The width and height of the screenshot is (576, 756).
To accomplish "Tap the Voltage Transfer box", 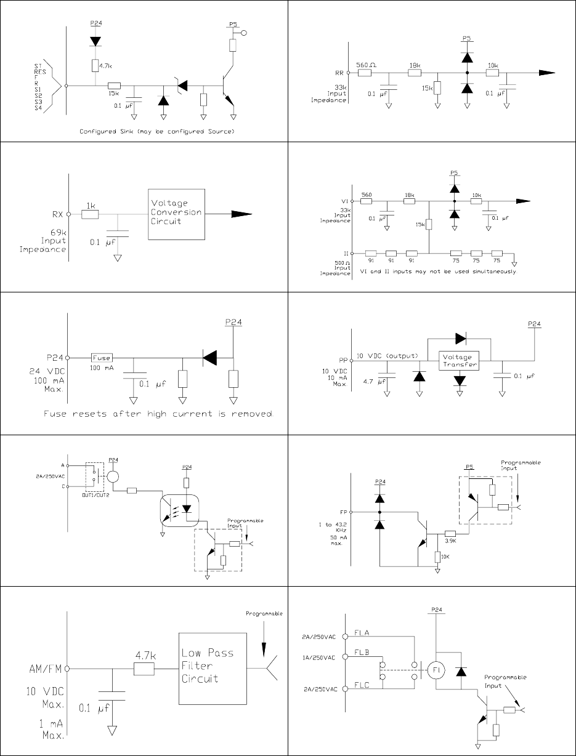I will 458,360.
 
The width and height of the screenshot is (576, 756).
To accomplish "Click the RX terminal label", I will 57,214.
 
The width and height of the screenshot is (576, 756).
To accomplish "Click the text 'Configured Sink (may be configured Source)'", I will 156,132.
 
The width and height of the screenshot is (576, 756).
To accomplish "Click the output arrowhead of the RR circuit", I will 547,73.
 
